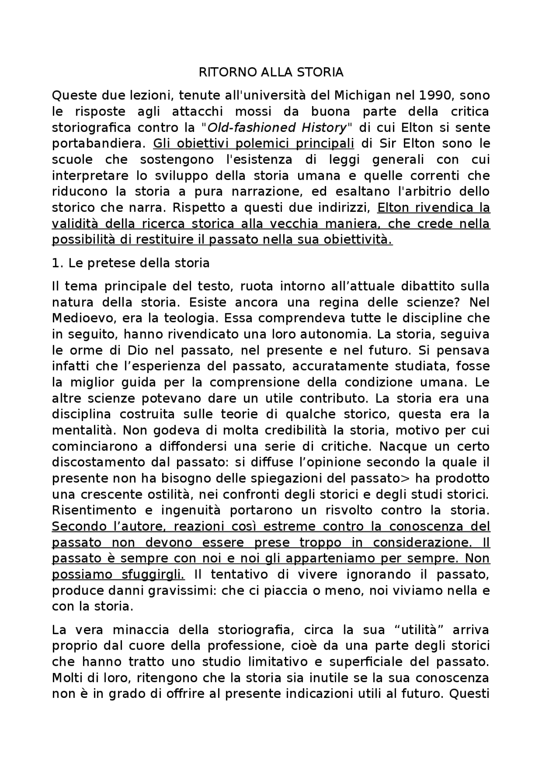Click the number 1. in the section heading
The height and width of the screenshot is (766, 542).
coord(57,264)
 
